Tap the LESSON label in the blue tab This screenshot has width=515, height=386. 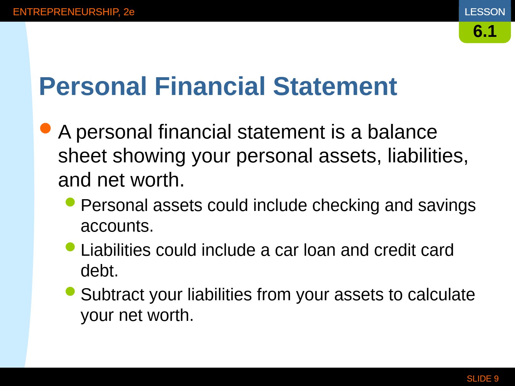click(485, 12)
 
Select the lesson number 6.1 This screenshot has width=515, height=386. click(485, 31)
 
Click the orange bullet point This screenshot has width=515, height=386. click(45, 128)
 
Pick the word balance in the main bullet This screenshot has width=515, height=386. click(402, 132)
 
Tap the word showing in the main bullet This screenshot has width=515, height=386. click(149, 156)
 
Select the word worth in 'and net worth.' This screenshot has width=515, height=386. click(157, 180)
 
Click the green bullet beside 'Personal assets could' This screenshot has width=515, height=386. click(70, 202)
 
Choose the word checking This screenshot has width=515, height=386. click(346, 206)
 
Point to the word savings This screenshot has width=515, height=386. click(447, 206)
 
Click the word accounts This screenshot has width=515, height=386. click(117, 226)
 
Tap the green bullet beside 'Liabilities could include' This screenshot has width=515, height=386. click(70, 247)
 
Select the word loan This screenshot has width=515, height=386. click(319, 250)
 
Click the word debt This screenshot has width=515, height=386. click(99, 271)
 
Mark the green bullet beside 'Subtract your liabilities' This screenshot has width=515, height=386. click(70, 291)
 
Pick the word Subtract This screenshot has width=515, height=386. click(113, 295)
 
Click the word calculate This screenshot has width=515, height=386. click(441, 295)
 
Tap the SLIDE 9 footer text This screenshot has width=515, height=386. click(483, 379)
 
